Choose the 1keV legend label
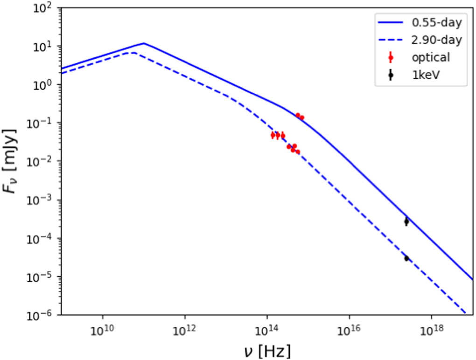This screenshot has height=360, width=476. click(426, 74)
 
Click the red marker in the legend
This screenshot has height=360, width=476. click(391, 57)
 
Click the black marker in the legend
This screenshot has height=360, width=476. click(391, 75)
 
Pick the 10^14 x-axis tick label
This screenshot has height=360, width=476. click(267, 330)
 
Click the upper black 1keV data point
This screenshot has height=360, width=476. click(406, 222)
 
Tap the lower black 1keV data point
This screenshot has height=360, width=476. click(406, 258)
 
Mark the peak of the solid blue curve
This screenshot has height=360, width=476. click(144, 43)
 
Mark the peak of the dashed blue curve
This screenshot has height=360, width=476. click(133, 53)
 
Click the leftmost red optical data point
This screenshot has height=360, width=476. click(273, 135)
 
